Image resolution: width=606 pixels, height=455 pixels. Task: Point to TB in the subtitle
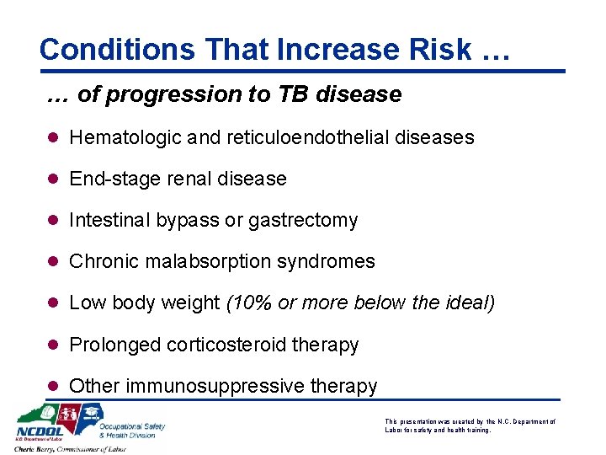(294, 94)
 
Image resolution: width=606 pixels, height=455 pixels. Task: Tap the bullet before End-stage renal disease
(54, 179)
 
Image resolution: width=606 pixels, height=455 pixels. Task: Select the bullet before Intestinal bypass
(54, 221)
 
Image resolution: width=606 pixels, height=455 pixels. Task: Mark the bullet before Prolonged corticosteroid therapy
(54, 345)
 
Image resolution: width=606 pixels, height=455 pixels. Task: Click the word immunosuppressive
(215, 386)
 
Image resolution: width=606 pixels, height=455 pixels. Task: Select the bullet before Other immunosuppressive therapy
(54, 386)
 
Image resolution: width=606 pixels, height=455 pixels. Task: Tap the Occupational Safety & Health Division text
(132, 430)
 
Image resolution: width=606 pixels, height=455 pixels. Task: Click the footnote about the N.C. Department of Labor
(470, 425)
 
